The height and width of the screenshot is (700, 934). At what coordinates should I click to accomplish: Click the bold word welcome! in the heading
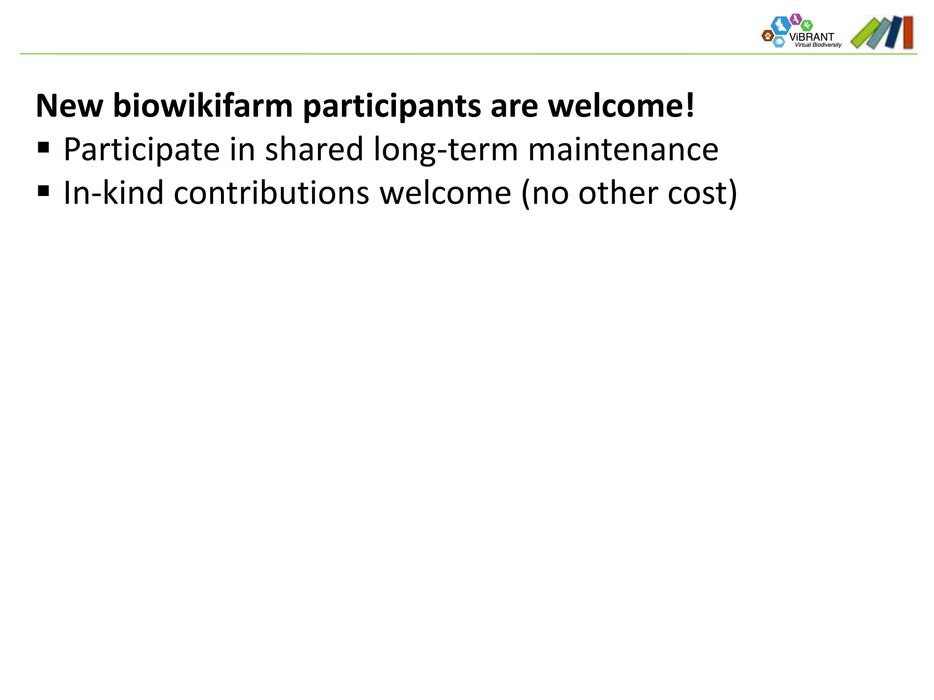pyautogui.click(x=621, y=106)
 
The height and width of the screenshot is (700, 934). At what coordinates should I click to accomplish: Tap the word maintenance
pyautogui.click(x=623, y=149)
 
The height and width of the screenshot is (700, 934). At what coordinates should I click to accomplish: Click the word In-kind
pyautogui.click(x=113, y=193)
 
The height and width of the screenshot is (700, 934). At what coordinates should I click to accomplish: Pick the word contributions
pyautogui.click(x=271, y=193)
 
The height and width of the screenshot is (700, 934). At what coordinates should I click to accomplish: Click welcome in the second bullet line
pyautogui.click(x=446, y=193)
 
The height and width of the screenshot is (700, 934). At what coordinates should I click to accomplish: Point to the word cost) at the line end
pyautogui.click(x=702, y=194)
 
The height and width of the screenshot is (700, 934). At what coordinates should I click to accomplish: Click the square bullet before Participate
pyautogui.click(x=44, y=148)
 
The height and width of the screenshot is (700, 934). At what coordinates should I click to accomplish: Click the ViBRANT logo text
pyautogui.click(x=811, y=36)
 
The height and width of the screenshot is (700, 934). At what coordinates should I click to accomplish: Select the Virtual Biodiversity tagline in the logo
pyautogui.click(x=818, y=45)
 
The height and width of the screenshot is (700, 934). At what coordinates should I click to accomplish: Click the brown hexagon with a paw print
pyautogui.click(x=768, y=35)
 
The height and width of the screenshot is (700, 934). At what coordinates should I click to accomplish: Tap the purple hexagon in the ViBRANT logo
pyautogui.click(x=796, y=19)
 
